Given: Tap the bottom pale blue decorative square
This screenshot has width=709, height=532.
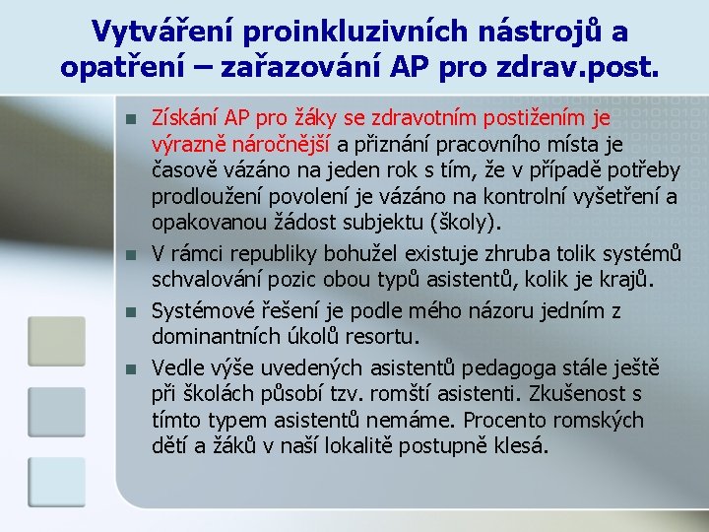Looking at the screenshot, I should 56,482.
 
